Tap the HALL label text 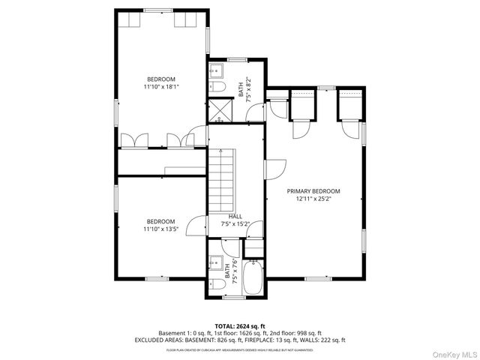[x=235, y=216]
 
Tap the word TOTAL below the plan [x=226, y=326]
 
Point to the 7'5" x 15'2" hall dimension [x=235, y=223]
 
